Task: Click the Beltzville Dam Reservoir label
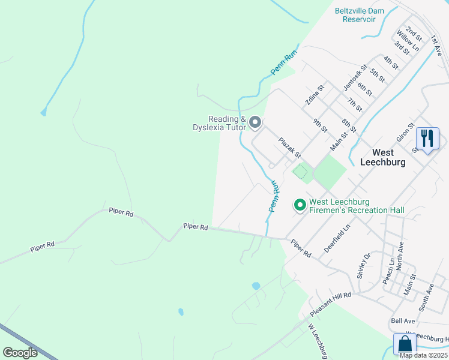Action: pos(359,15)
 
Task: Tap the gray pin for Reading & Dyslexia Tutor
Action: pos(255,123)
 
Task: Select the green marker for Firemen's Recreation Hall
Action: pos(300,206)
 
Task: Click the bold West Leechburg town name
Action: pos(382,157)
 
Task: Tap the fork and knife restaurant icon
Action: pos(427,139)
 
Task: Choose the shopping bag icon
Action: pos(405,344)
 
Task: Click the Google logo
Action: pos(20,353)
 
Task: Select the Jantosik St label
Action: pos(355,78)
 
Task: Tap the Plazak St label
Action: pos(289,148)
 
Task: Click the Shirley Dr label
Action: pos(364,266)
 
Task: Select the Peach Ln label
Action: pos(389,271)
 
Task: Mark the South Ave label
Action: pos(426,297)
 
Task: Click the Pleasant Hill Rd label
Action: pos(330,305)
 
